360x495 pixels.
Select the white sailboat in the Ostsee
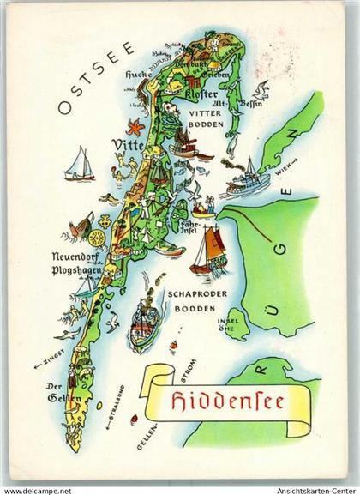78,165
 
